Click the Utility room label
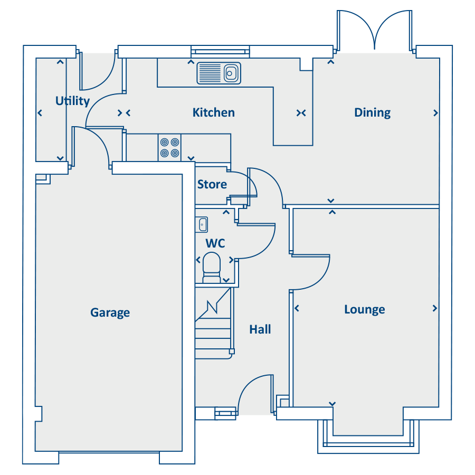(72, 101)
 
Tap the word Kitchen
(214, 112)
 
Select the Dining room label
(372, 113)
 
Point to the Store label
(212, 184)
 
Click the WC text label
(215, 243)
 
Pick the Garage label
(110, 312)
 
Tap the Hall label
(260, 329)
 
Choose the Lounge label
(364, 310)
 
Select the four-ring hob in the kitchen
(169, 148)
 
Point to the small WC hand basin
(202, 224)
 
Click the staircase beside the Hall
(214, 323)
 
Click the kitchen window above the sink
(220, 52)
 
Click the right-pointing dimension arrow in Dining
(435, 113)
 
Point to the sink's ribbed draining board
(210, 73)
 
